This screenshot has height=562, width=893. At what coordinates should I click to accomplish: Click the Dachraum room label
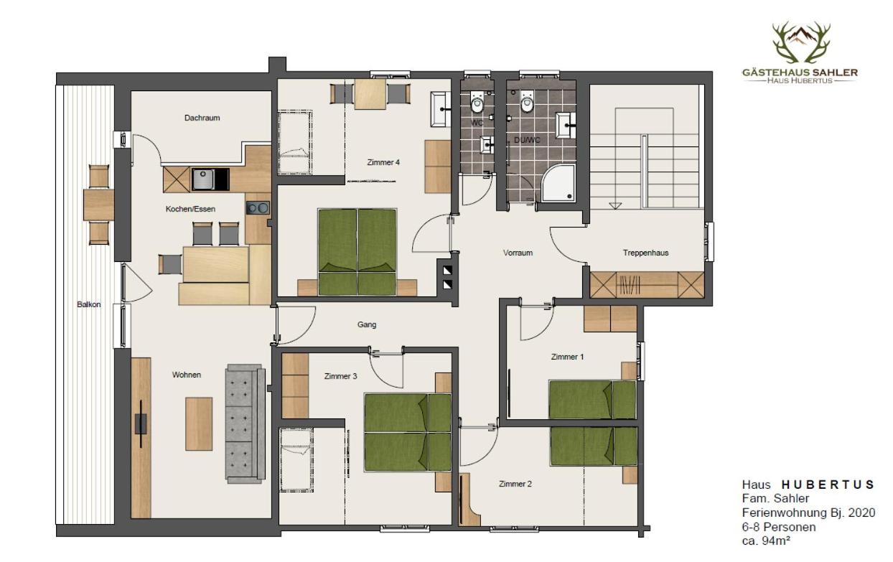tap(202, 118)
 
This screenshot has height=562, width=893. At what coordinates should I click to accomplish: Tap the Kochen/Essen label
tap(190, 209)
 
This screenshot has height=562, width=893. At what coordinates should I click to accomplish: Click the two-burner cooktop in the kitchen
tap(258, 208)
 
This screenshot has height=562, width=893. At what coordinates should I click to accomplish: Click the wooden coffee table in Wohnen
tap(199, 423)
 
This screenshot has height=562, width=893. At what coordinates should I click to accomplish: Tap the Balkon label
tap(89, 304)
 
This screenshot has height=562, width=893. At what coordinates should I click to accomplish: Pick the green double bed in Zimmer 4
tap(357, 251)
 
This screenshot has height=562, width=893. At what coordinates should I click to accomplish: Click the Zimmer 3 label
tap(340, 376)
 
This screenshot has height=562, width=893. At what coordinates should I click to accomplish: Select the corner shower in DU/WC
tap(558, 183)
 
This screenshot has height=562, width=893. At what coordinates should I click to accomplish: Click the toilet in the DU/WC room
tap(528, 105)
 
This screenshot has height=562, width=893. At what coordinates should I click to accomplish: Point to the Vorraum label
tap(518, 253)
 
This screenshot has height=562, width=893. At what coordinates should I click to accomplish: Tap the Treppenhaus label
tap(645, 253)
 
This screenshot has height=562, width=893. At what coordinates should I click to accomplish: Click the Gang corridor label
tap(367, 324)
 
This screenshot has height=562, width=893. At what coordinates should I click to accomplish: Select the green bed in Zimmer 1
tap(592, 399)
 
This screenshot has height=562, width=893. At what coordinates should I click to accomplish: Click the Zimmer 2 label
tap(515, 484)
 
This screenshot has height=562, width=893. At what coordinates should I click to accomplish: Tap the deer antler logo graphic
tap(800, 43)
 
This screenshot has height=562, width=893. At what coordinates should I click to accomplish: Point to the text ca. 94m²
tap(766, 540)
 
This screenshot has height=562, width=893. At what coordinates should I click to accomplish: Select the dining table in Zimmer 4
tap(370, 93)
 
